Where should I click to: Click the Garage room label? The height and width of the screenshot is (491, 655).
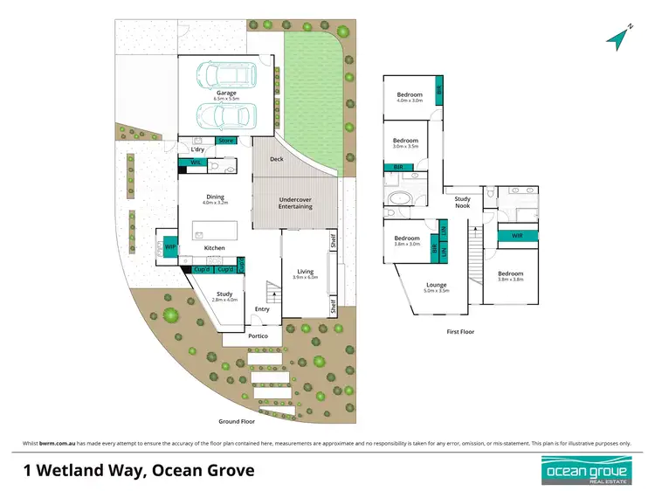pos(227,93)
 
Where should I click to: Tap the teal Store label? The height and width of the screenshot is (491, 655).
pos(226,141)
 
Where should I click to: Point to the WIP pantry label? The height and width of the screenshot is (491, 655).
pos(170,248)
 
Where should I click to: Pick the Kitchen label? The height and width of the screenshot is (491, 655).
pos(215,248)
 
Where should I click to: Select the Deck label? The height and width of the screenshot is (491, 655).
pos(276,159)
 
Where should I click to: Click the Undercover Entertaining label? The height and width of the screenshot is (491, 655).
pos(295,203)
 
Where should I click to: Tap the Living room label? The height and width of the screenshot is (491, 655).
pos(306,272)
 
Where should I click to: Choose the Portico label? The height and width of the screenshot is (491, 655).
pos(258,335)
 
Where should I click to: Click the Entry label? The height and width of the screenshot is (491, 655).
pos(262,309)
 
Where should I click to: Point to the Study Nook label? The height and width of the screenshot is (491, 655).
pos(462,203)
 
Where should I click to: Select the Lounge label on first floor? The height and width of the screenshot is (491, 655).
pos(437,286)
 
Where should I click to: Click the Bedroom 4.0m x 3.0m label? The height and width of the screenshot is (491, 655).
pos(410,94)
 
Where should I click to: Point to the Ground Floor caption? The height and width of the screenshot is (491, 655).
pos(236,420)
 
